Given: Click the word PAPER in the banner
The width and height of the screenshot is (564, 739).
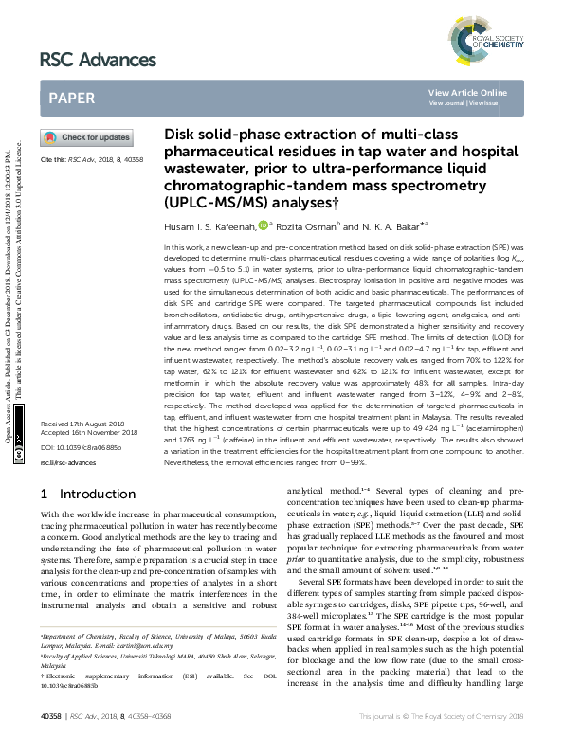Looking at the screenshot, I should (71, 98).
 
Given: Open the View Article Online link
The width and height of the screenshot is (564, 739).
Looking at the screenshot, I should (467, 92).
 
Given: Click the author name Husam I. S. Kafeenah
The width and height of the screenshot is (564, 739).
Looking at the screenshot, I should (212, 226).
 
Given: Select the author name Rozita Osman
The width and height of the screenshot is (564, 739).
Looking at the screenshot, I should (305, 226).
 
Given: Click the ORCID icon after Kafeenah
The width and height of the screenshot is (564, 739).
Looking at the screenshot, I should (264, 225).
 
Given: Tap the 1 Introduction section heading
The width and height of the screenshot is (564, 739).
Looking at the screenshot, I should (88, 494).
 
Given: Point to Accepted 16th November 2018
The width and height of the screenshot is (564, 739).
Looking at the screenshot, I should (91, 433).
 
